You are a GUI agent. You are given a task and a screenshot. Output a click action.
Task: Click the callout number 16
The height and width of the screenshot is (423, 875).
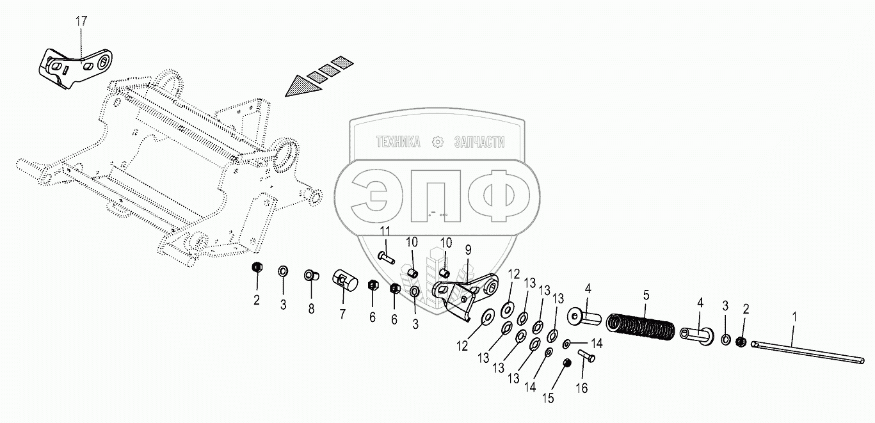tap(581, 388)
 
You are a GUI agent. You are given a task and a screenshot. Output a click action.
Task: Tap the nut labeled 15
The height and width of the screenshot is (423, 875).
tap(566, 363)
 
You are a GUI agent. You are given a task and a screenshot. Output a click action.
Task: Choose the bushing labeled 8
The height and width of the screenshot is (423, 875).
tap(312, 276)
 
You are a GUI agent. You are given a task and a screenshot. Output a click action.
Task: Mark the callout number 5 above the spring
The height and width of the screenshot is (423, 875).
tap(646, 295)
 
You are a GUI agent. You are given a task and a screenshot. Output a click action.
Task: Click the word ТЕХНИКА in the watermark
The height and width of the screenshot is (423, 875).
tap(397, 142)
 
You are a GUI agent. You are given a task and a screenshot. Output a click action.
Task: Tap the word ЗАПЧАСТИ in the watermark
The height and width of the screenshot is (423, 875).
tap(479, 142)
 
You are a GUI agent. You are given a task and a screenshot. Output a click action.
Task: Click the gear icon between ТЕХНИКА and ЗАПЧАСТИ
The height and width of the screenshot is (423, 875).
tap(438, 142)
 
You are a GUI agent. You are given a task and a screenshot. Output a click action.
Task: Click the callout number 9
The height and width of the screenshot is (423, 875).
tap(468, 248)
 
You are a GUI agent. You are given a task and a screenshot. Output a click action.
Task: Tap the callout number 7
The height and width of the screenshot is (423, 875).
tap(342, 314)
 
